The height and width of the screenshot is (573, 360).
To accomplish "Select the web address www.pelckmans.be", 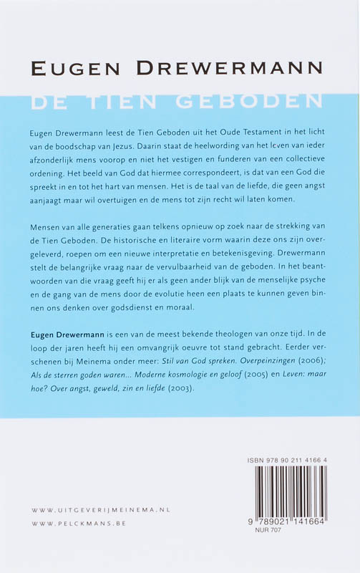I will (x=79, y=525).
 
